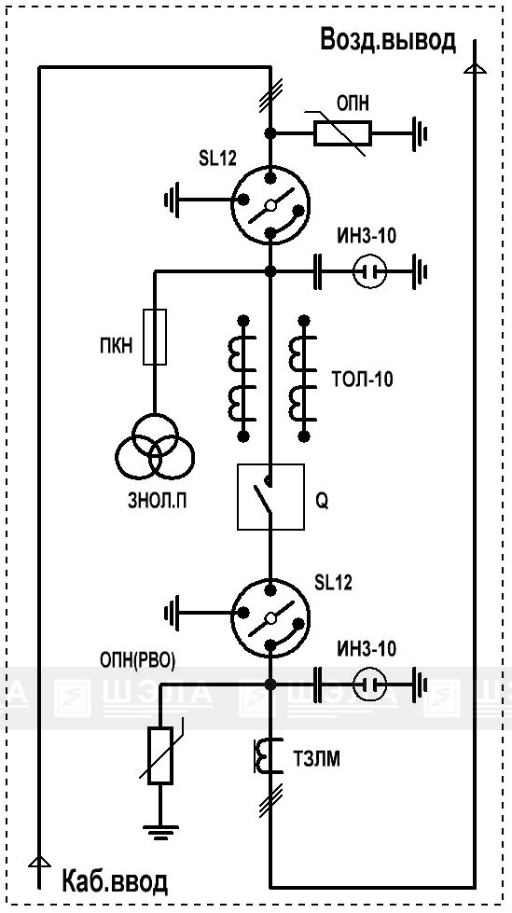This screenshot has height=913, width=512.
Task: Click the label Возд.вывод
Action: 389,41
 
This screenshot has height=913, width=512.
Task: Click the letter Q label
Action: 321,502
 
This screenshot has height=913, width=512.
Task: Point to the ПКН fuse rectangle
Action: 155,338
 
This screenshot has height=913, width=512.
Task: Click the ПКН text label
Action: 117,346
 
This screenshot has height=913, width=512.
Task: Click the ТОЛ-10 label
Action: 362,379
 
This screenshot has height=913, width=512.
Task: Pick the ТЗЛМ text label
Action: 317,759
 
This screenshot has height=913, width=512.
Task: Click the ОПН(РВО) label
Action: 138,661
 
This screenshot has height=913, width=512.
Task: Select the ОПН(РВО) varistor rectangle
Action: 159,755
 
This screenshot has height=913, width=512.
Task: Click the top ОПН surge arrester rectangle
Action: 342,133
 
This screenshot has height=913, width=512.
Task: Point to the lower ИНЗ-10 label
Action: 367,648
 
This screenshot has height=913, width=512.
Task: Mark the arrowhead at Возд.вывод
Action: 475,69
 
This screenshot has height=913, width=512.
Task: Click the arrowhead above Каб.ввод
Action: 38,861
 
